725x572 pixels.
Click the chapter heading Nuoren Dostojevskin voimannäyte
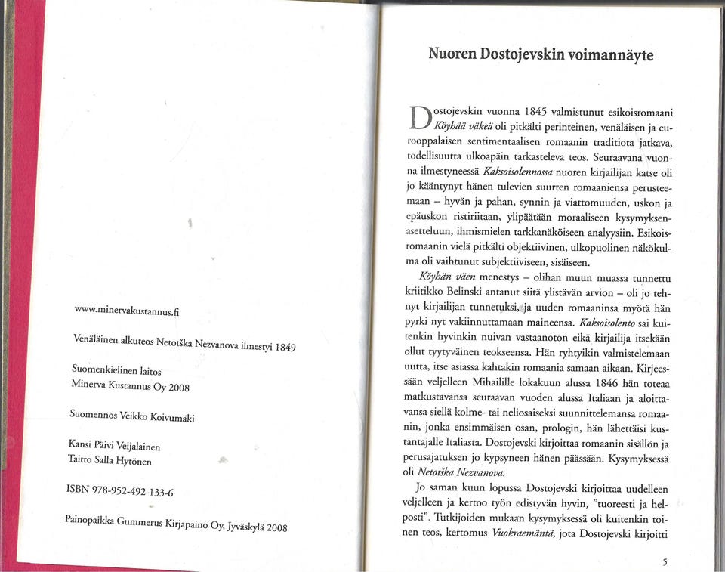[541, 54]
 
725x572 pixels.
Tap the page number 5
[664, 561]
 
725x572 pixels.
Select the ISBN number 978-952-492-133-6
[121, 490]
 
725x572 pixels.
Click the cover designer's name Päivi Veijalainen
[134, 446]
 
